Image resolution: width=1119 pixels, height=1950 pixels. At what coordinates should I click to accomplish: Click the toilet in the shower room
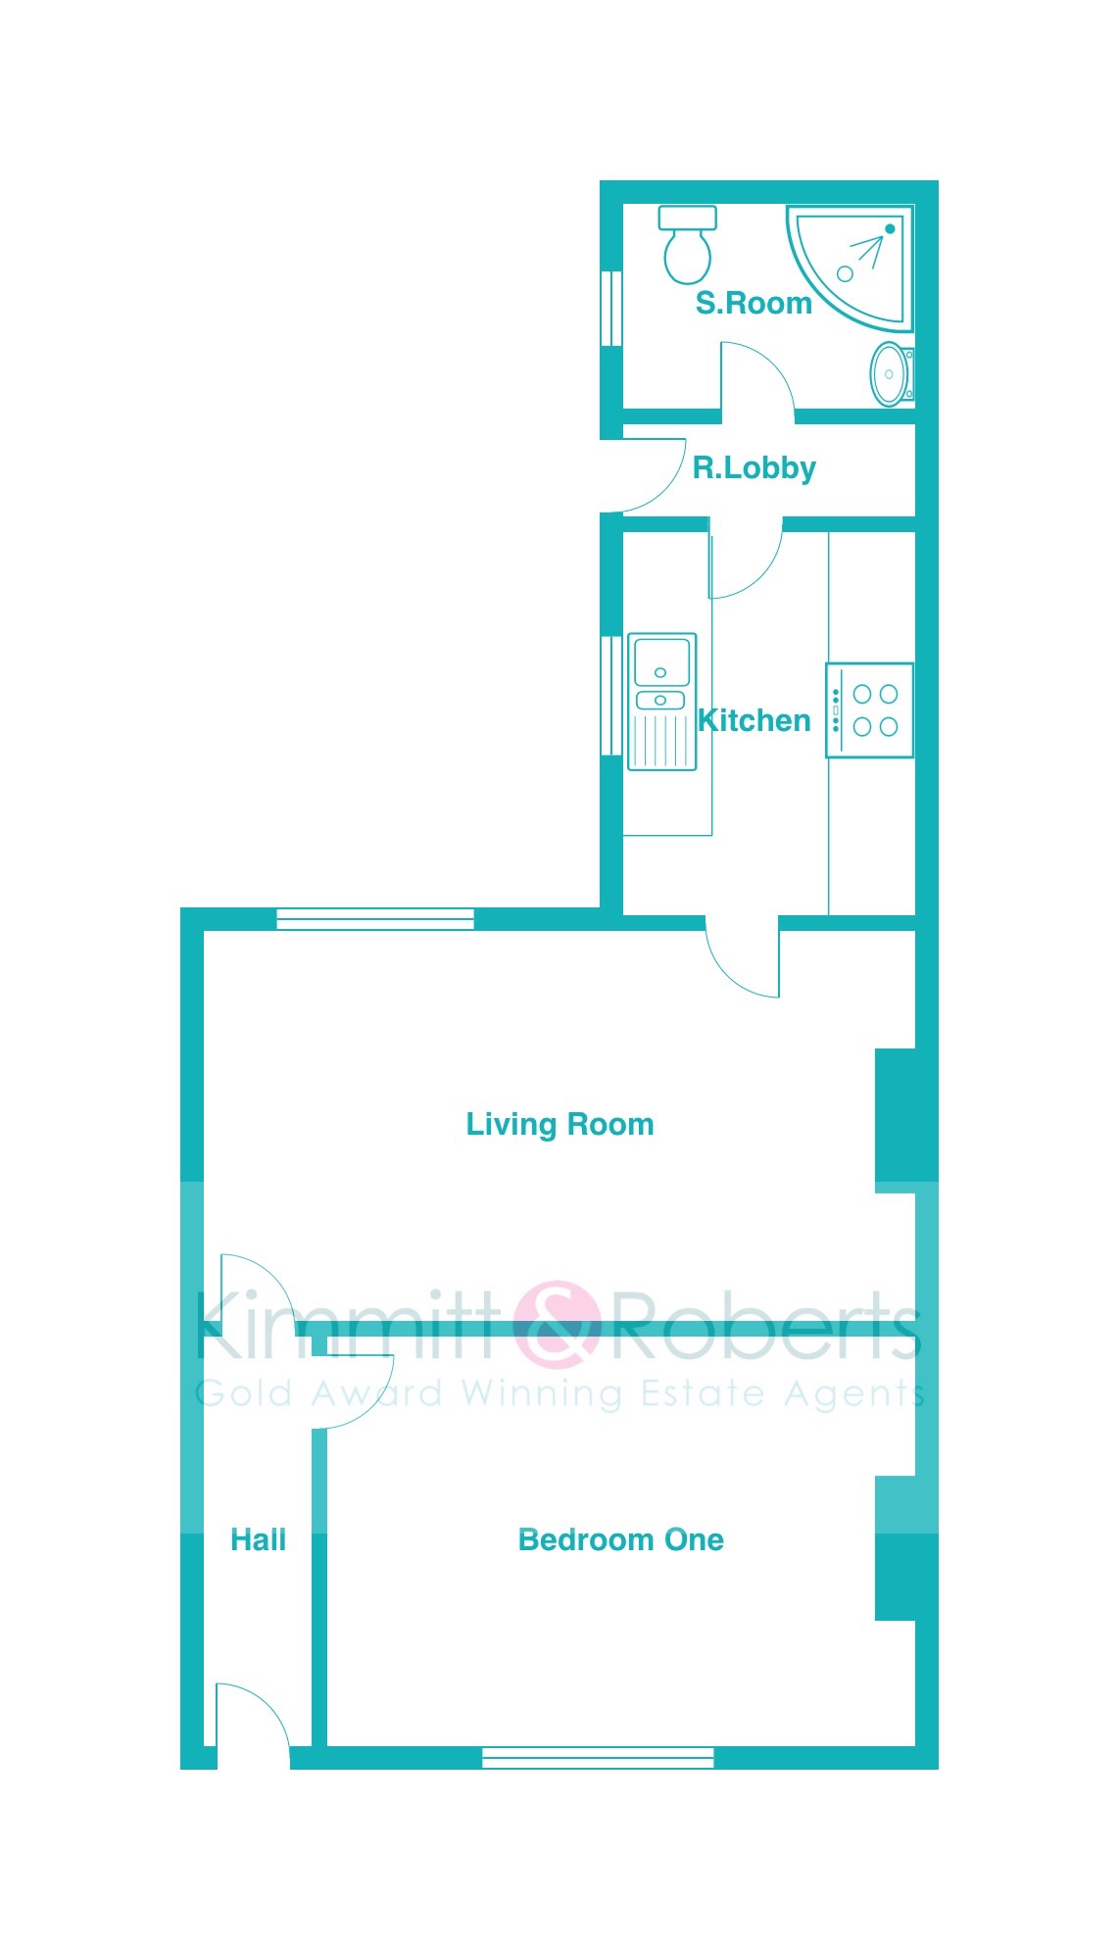(x=687, y=245)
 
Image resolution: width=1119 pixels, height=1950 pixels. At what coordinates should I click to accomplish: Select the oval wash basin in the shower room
(x=891, y=373)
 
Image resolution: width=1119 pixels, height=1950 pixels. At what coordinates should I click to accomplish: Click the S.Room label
(x=754, y=304)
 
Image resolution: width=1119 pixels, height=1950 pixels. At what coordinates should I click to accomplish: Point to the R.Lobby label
(x=754, y=468)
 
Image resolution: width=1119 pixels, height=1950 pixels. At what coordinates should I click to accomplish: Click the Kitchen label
(x=754, y=720)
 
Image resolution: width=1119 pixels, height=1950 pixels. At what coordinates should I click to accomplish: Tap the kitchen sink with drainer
(x=661, y=702)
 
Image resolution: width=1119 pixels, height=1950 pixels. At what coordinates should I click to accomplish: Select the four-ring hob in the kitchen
(x=869, y=710)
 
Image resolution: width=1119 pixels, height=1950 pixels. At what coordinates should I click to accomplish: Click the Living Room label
(x=559, y=1124)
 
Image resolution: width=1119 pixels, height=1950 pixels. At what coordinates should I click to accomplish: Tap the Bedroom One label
(x=620, y=1539)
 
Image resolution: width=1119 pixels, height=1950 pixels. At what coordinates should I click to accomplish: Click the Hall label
(x=258, y=1539)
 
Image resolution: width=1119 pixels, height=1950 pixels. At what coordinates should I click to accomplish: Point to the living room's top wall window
(x=375, y=919)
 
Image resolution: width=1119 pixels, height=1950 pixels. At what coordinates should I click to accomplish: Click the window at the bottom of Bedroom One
(x=598, y=1757)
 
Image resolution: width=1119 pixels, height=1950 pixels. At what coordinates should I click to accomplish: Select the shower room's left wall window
(x=611, y=308)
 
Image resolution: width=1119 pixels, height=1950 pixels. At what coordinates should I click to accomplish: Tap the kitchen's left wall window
(x=611, y=696)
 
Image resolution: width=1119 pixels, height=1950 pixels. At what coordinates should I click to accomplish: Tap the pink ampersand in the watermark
(x=557, y=1324)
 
